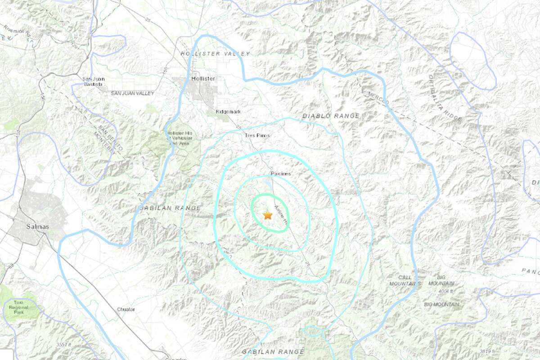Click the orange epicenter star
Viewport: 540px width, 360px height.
[268, 215]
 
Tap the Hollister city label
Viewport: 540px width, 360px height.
[203, 78]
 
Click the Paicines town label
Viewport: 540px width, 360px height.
[281, 173]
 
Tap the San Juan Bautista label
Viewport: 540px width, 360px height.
[94, 81]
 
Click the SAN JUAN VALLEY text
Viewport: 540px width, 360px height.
[132, 93]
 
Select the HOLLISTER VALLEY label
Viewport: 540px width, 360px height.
[215, 54]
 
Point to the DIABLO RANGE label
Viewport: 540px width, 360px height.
[331, 116]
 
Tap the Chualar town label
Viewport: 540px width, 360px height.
[126, 310]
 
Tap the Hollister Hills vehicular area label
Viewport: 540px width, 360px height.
[180, 138]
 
